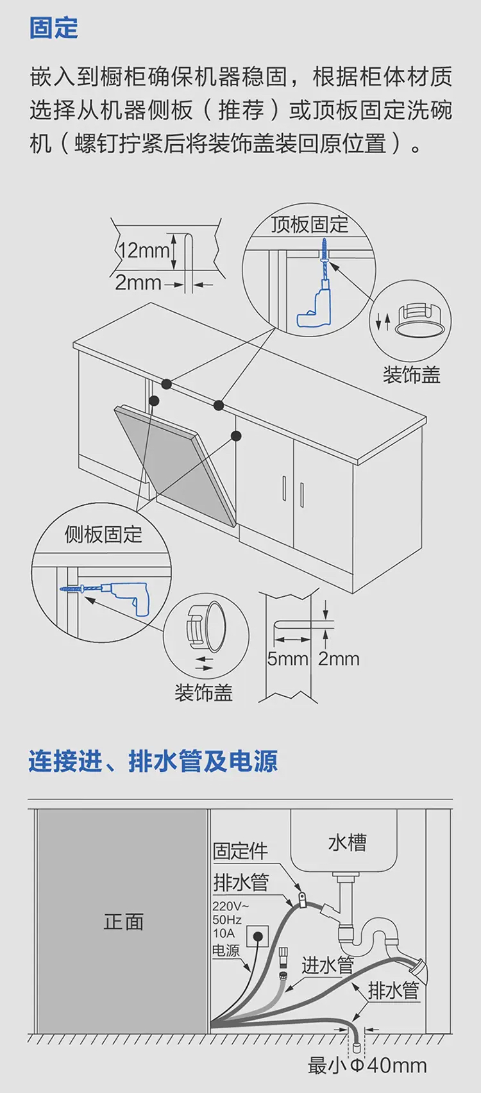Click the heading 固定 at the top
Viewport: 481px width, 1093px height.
click(54, 28)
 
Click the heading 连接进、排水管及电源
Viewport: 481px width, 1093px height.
click(153, 762)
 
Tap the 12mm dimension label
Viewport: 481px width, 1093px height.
click(145, 250)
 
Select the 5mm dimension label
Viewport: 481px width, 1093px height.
click(287, 658)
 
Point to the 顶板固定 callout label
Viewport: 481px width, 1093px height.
click(309, 224)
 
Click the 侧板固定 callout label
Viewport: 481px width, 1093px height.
click(103, 534)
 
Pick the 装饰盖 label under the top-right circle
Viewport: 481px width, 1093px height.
click(411, 374)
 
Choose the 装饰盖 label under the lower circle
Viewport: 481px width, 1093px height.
click(203, 692)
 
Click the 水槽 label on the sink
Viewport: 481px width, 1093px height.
click(348, 842)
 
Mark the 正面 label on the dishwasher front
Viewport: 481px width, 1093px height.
click(124, 922)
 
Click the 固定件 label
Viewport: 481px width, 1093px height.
click(240, 851)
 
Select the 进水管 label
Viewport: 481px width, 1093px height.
click(328, 965)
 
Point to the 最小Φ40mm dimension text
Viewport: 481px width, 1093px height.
click(367, 1065)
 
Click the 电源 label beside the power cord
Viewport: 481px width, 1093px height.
click(226, 951)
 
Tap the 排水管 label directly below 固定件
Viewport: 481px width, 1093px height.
click(240, 883)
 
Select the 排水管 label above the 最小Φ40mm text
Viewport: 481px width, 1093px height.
click(393, 990)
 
